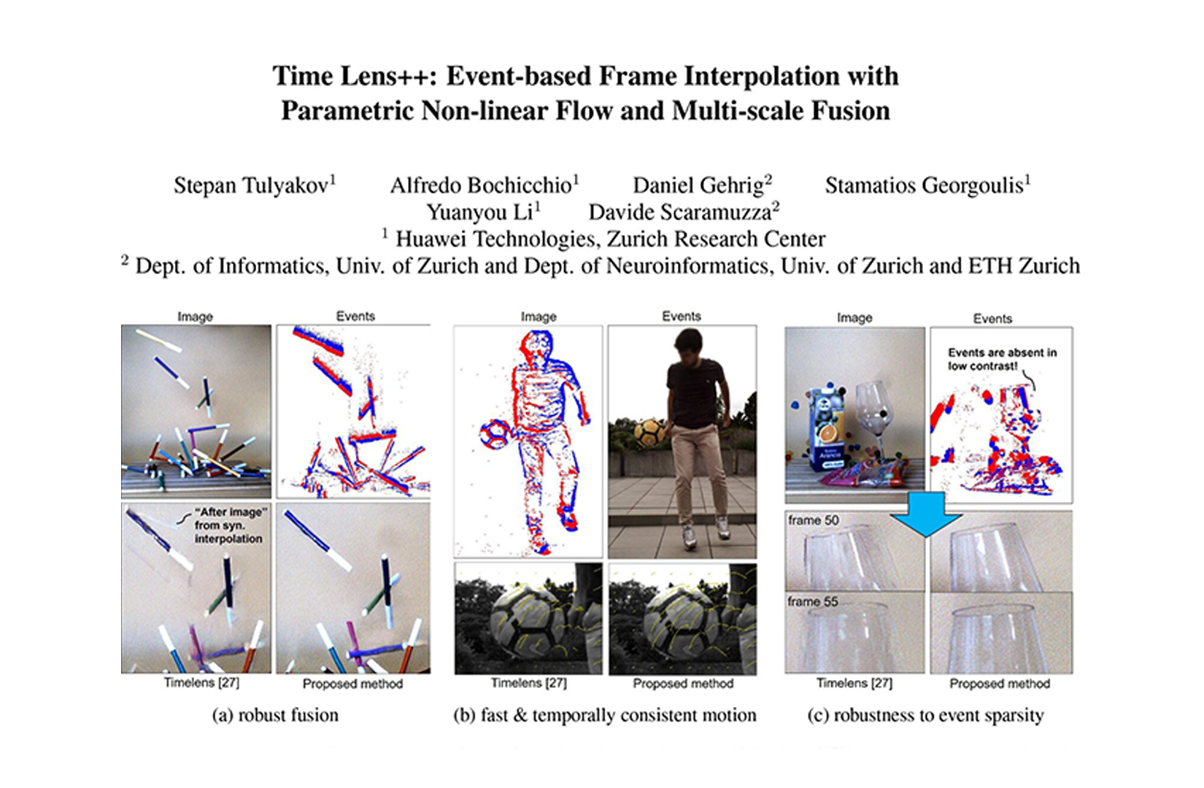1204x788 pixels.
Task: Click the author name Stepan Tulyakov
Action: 251,185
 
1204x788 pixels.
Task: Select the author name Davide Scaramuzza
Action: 680,212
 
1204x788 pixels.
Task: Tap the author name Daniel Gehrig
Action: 698,185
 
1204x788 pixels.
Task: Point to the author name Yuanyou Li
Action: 480,212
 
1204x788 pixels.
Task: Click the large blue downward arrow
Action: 926,514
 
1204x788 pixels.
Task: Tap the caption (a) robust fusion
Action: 275,715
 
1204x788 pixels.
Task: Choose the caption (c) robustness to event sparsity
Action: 925,715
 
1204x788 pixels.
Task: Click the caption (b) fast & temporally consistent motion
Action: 604,715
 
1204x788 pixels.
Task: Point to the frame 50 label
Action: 814,520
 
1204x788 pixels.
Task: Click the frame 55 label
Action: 813,602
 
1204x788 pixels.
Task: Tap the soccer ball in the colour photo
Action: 649,433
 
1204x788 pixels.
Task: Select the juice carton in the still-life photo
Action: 827,430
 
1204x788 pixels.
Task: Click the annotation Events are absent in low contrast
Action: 1002,359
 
